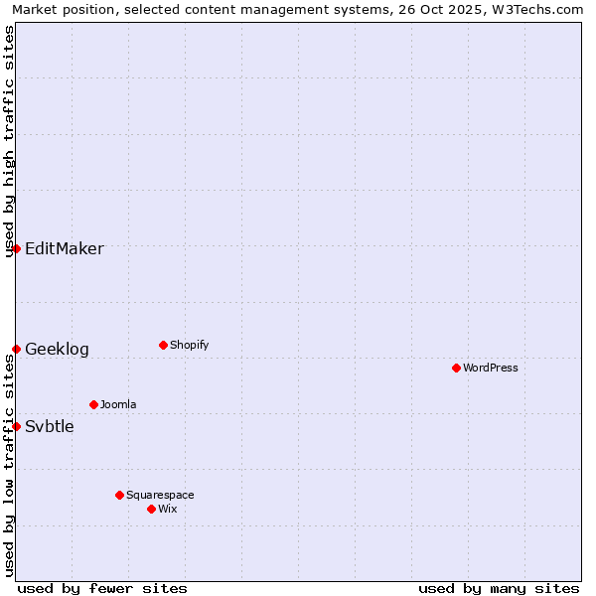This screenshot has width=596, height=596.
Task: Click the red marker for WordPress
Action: (456, 368)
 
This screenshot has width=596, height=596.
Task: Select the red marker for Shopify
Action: (163, 345)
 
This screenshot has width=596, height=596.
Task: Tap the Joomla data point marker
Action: (93, 404)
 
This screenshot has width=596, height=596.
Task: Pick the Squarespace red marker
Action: (119, 495)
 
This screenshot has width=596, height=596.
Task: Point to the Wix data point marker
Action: (151, 509)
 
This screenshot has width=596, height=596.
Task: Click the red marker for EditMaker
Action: (16, 248)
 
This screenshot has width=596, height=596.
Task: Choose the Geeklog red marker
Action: (16, 349)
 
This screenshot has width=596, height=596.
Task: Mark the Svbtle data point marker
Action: (16, 426)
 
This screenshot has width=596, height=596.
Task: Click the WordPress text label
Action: (491, 369)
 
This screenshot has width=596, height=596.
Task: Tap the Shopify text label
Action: (190, 346)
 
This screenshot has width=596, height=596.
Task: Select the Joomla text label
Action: (118, 405)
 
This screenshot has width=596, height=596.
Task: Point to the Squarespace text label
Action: (160, 496)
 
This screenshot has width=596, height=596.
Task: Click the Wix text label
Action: (168, 510)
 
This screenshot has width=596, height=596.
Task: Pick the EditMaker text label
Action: (65, 249)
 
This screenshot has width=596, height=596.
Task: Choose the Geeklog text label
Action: (57, 350)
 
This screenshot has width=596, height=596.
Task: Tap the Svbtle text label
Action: (50, 427)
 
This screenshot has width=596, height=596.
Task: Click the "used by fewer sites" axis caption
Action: (102, 589)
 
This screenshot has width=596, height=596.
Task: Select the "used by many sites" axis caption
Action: (499, 589)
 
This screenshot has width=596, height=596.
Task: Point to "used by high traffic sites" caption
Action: (10, 141)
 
